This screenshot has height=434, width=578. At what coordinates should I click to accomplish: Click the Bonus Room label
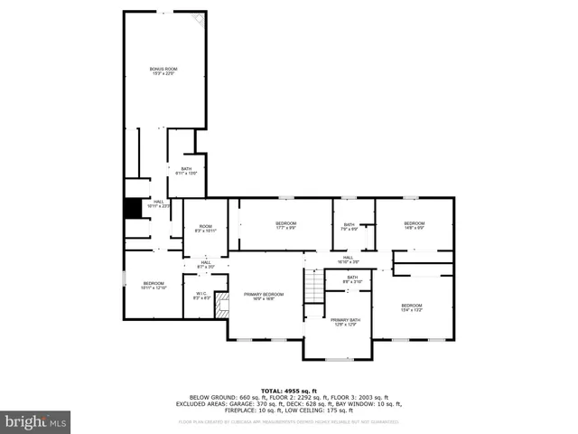click(x=163, y=71)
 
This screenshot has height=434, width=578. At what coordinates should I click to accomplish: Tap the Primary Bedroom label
click(x=263, y=296)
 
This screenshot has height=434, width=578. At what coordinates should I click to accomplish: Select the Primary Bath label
click(x=345, y=322)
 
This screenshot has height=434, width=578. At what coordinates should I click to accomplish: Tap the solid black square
click(x=134, y=208)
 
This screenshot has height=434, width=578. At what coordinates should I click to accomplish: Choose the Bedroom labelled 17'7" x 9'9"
click(x=285, y=225)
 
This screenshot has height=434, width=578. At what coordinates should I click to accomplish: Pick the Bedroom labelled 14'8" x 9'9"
click(x=414, y=225)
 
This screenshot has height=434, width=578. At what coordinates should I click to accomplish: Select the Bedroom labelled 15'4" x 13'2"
click(x=411, y=307)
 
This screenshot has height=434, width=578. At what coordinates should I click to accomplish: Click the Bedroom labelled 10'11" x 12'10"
click(x=154, y=286)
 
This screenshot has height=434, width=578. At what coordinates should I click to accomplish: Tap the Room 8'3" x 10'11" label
click(x=206, y=229)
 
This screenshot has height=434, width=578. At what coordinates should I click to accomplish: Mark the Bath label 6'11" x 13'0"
click(x=186, y=171)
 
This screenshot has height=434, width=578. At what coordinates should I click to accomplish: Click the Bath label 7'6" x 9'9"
click(x=350, y=227)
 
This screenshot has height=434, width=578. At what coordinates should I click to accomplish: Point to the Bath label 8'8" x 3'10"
click(x=352, y=279)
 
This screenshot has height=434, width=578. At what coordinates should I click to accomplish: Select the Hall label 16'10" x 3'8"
click(x=348, y=259)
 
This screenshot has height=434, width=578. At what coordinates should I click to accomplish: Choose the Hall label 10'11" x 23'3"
click(x=158, y=203)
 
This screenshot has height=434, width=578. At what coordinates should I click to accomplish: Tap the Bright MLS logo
click(x=36, y=420)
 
